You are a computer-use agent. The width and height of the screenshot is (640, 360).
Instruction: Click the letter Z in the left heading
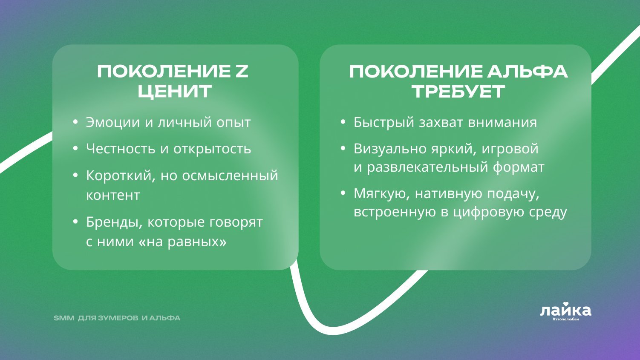pos(240,72)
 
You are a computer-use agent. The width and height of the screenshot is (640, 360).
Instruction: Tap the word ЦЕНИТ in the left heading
pos(175,92)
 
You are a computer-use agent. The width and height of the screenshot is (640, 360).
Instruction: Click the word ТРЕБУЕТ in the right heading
pos(458,92)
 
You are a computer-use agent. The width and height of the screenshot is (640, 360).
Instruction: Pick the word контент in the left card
pos(113,196)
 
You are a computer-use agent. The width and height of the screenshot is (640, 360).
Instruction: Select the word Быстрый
pos(384,123)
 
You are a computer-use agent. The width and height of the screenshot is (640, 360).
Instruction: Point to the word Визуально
pos(390,149)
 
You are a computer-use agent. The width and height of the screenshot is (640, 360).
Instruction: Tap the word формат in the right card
pos(518,167)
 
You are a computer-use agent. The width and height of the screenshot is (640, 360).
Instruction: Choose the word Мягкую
pos(380,194)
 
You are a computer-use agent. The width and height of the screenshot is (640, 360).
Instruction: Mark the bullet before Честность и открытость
pos(75,149)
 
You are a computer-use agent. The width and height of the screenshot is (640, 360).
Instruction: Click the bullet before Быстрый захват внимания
pos(343,122)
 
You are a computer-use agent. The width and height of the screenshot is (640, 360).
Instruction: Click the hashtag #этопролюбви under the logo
pos(566,319)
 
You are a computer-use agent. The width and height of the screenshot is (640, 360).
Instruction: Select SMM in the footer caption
pos(64,318)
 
